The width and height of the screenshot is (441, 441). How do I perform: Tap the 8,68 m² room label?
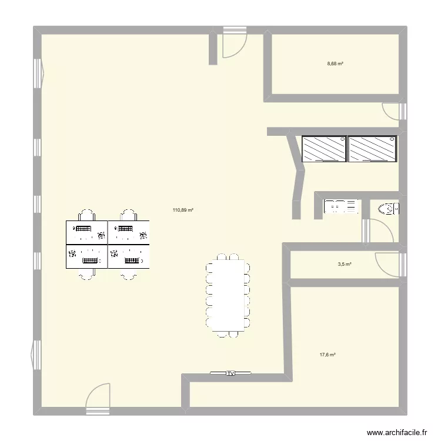point(335,64)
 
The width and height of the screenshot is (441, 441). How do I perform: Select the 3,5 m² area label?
point(344,265)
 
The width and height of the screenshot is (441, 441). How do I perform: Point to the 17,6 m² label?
point(328,355)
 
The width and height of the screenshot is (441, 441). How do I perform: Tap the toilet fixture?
point(387,208)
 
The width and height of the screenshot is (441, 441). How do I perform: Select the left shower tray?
point(324,149)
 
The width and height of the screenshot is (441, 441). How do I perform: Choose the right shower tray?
point(372,149)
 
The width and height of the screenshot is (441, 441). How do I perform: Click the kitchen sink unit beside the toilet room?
point(342,206)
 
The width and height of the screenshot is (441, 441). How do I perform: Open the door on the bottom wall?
point(98,396)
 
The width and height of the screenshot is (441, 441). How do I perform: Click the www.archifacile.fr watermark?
point(397,431)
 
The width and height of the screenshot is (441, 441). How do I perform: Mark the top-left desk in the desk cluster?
point(86,232)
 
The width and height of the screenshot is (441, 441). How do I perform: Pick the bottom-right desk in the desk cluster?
point(129,256)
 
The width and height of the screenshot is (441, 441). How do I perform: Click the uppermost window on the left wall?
point(38,71)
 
